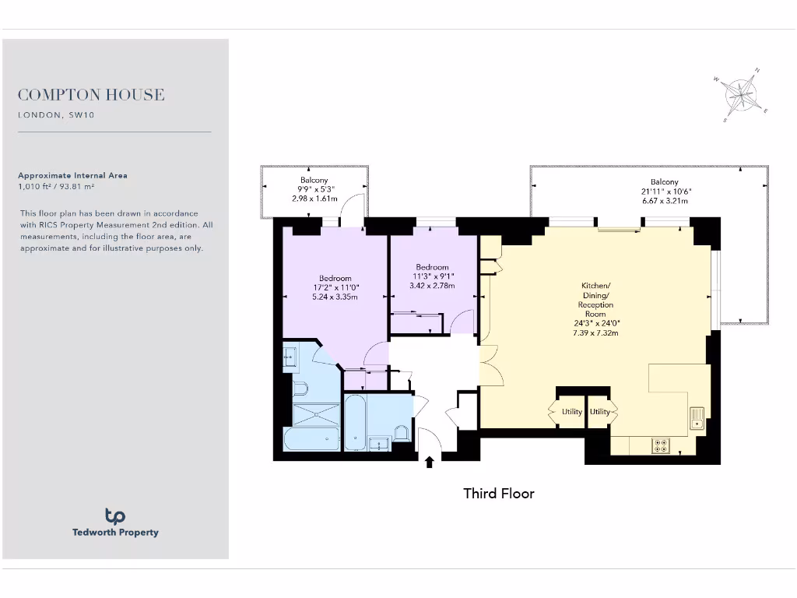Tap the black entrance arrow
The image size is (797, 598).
pos(429,462)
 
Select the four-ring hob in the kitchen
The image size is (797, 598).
pos(661,445)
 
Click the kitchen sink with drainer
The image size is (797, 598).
pos(697,419)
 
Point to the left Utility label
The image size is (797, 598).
pos(571,412)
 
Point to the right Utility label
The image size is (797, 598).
pos(600,412)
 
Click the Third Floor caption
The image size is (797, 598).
pos(498,493)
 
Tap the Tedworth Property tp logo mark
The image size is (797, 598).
pos(115,515)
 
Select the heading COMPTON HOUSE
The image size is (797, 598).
pos(91,95)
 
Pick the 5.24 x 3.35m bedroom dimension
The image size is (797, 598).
pos(335,297)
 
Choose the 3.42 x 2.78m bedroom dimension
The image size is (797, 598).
pos(432,286)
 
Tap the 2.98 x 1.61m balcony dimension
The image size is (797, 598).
pos(314,199)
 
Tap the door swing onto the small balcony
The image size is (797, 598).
pos(354,209)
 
